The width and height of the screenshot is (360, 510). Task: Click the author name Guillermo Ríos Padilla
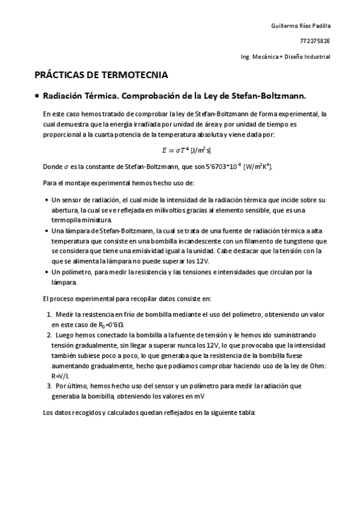pos(301,26)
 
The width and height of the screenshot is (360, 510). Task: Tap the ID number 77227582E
pos(316,41)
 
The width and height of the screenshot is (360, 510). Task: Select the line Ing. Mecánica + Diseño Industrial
pos(285,57)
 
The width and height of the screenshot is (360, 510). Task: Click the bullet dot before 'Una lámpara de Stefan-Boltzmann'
pos(47,230)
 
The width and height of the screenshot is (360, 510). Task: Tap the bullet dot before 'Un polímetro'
pos(47,272)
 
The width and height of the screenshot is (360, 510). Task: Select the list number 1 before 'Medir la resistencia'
pos(49,314)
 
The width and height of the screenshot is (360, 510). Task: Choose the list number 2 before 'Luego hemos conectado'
pos(49,335)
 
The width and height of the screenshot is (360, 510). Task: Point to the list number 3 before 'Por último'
pos(49,386)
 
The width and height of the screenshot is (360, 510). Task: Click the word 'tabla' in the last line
pos(248,413)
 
